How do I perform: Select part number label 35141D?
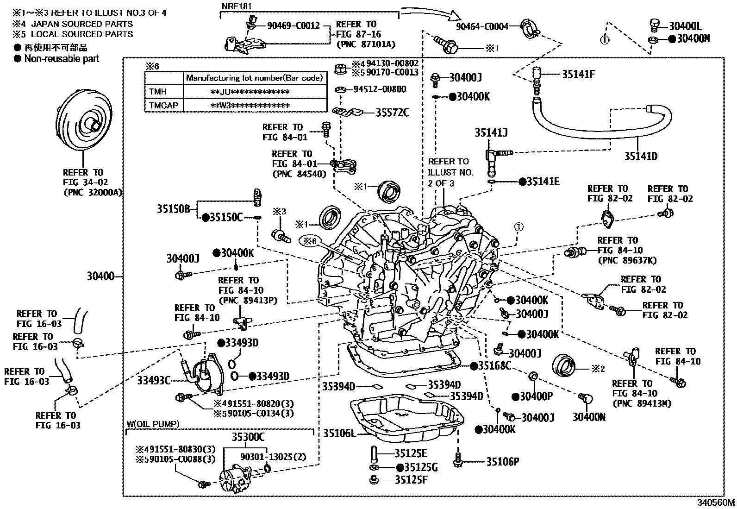click(640, 156)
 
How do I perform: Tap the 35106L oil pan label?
click(339, 433)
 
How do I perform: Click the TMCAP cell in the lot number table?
click(163, 106)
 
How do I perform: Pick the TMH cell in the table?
click(158, 92)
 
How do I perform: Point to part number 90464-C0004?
click(482, 26)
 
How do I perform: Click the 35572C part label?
click(392, 113)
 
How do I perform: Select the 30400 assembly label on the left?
click(100, 276)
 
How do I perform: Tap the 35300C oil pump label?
click(248, 437)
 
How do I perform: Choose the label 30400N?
click(589, 417)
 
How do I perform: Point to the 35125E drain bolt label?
click(411, 453)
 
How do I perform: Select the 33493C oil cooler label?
click(154, 381)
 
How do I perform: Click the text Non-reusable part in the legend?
click(62, 58)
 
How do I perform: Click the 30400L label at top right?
click(685, 27)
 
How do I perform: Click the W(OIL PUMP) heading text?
click(153, 423)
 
